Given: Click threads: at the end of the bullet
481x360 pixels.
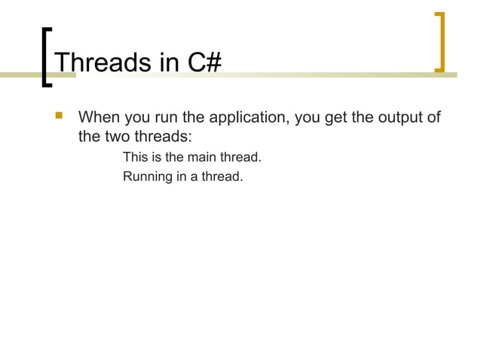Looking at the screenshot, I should pyautogui.click(x=166, y=138).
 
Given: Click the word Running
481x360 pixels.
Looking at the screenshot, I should pyautogui.click(x=146, y=178).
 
